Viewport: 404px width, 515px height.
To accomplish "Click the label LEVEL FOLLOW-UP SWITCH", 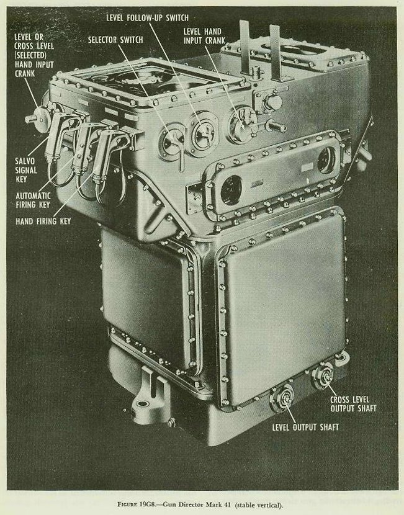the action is tap(148, 17).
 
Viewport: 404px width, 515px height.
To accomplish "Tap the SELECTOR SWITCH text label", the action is tap(115, 40).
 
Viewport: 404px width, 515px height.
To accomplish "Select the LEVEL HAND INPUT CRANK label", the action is tap(204, 36).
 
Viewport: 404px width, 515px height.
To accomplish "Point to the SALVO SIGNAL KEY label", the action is tap(25, 170).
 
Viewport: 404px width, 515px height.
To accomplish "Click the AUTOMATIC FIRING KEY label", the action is tap(33, 200).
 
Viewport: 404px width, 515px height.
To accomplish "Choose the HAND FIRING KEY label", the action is tap(43, 222).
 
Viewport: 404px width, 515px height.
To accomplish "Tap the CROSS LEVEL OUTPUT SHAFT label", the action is tap(353, 404).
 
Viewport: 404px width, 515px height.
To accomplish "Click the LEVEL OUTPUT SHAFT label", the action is tap(305, 428).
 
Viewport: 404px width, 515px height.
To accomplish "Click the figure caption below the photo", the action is tap(200, 505).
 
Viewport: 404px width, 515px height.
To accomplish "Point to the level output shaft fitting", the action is tap(282, 398).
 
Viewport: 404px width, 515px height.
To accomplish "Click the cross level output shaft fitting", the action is tap(323, 377).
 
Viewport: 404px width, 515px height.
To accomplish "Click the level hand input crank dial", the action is tap(243, 125).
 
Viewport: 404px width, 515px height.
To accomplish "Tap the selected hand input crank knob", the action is tap(37, 119).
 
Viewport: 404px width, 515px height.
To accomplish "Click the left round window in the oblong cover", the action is tap(231, 189).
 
